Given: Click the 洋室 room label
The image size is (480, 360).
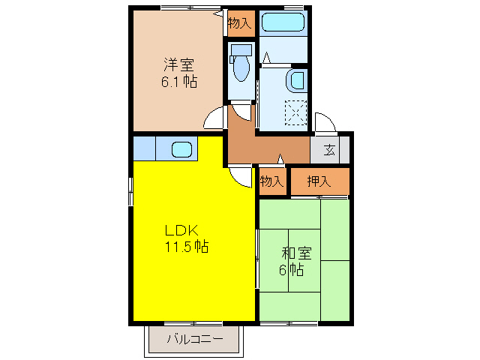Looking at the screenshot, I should pos(178,64).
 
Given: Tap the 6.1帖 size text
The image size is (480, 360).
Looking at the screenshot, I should pos(178,81).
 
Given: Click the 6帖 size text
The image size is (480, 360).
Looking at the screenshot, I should pos(291,270).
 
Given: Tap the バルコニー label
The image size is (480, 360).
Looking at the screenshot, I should pos(195,339).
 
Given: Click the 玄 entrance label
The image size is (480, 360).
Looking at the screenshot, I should pos(329,149).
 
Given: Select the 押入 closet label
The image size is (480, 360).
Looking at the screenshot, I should pos(319,181).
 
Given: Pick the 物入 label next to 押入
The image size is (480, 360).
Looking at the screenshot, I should pos(272,181).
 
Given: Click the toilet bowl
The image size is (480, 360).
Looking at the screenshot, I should pos(241,69).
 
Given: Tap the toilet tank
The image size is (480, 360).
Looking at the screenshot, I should pos(241,50).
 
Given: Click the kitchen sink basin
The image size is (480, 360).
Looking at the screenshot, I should pos(182,148).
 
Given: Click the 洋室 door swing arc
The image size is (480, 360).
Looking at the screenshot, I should pos(215,118).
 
